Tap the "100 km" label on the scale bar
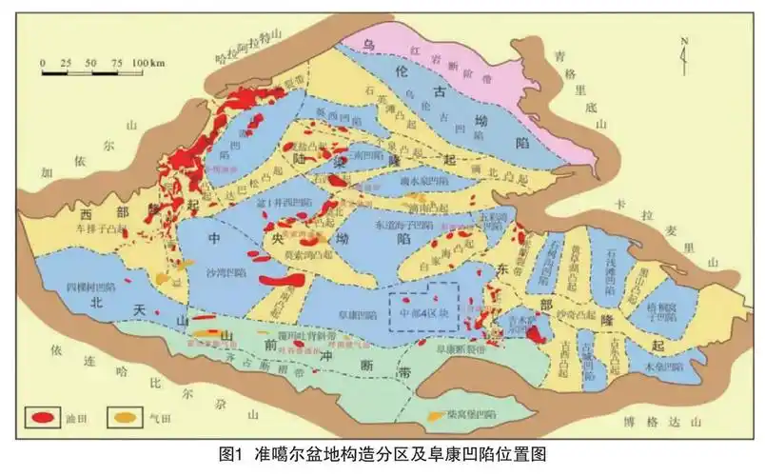(x=147, y=63)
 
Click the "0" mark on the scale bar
(x=43, y=63)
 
